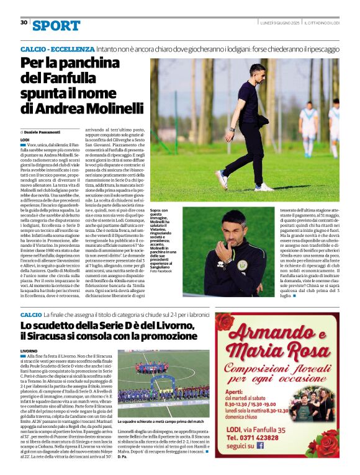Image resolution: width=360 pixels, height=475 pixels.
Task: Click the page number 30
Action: pyautogui.click(x=24, y=22)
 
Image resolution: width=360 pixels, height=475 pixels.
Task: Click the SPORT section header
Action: pyautogui.click(x=56, y=25)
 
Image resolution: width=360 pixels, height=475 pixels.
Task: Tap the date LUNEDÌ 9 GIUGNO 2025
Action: pyautogui.click(x=280, y=22)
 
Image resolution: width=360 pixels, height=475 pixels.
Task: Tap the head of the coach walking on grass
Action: pyautogui.click(x=256, y=71)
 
